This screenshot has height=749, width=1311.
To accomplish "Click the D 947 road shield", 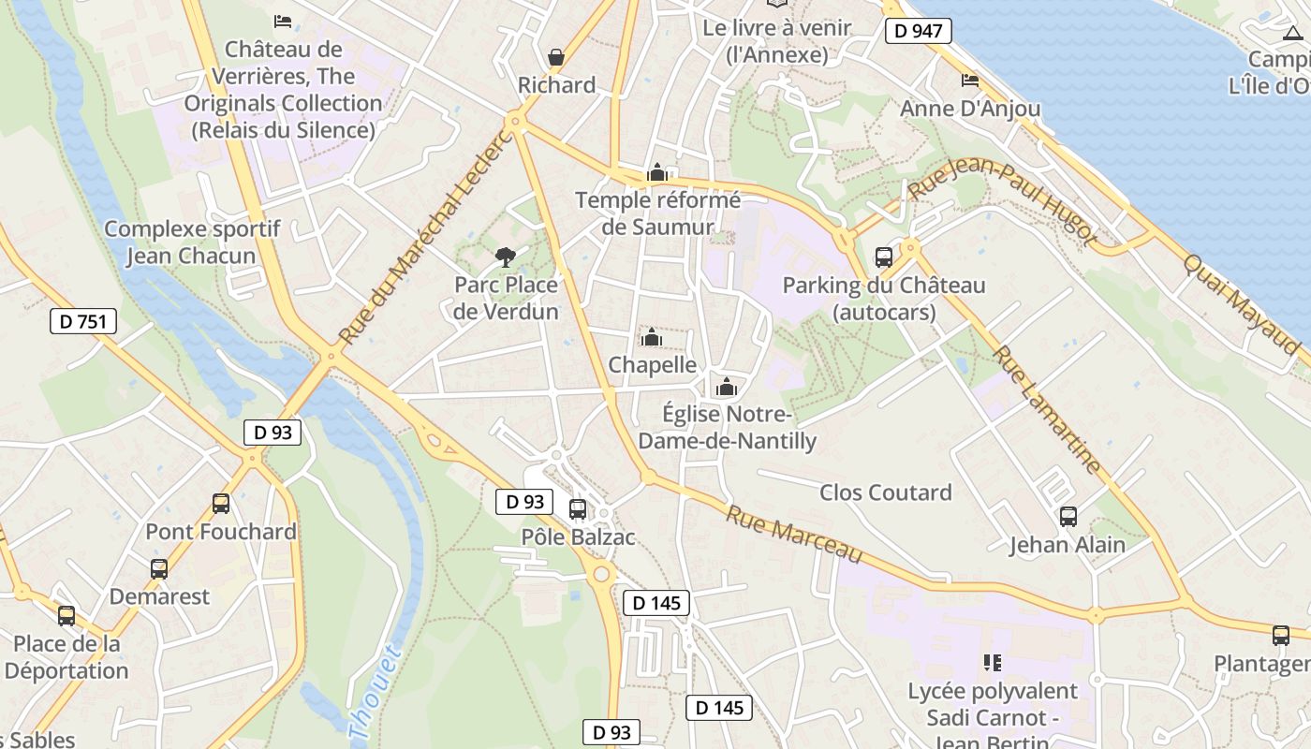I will click(x=918, y=31).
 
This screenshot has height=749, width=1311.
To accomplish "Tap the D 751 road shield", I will click(x=82, y=322).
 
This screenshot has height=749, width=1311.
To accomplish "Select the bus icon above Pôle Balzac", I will click(x=578, y=509).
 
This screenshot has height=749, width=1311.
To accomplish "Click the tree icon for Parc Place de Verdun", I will click(x=506, y=257).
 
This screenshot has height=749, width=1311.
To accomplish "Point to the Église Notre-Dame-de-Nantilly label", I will click(x=740, y=427).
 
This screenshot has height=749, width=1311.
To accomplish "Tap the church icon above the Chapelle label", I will click(x=651, y=337).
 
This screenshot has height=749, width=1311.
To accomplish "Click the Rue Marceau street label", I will click(x=793, y=535).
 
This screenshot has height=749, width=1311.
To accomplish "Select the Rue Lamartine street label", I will click(x=1047, y=409).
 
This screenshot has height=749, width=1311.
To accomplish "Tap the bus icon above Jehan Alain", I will click(x=1068, y=516).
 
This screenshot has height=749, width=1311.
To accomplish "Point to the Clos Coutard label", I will click(x=885, y=492).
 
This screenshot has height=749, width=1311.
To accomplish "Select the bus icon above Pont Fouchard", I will click(x=221, y=503).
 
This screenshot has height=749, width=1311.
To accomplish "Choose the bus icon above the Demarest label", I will click(x=159, y=568).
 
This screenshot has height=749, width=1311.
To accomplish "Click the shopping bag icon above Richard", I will click(x=556, y=57).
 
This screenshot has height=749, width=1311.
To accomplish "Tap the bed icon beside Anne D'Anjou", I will click(x=970, y=81).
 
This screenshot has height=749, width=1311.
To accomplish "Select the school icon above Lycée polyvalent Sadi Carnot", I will click(x=993, y=663).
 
